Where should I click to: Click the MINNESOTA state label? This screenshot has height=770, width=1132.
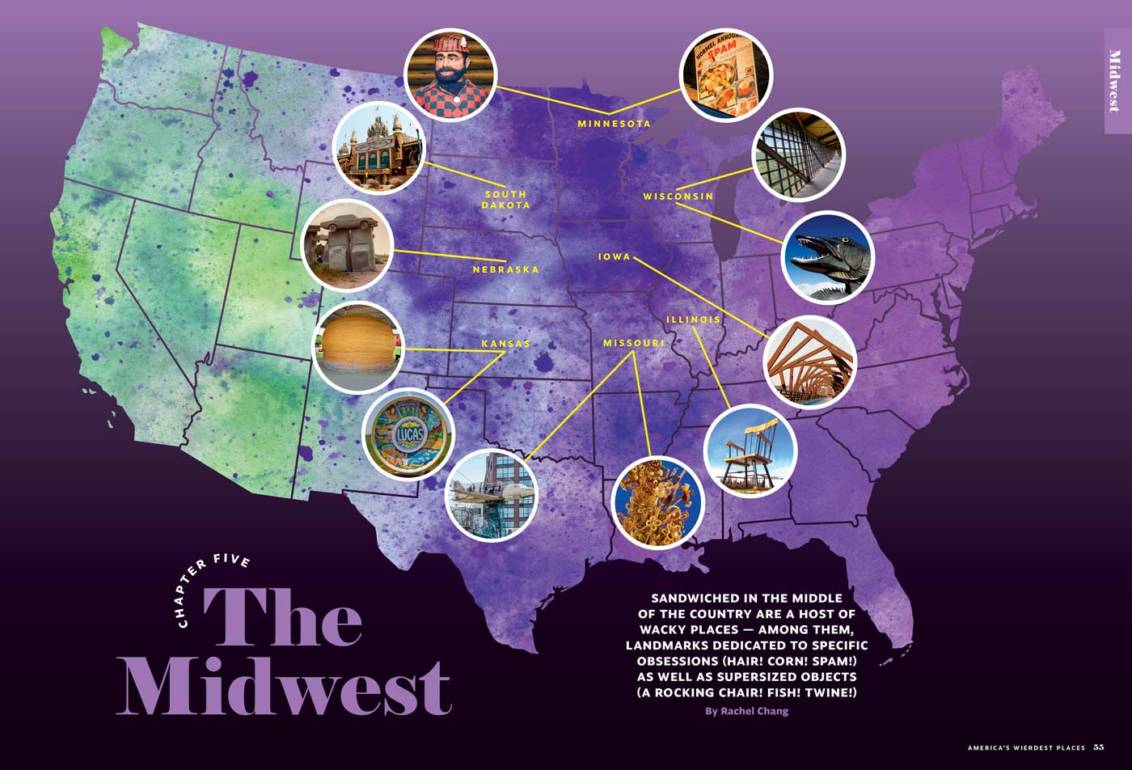(x=614, y=124)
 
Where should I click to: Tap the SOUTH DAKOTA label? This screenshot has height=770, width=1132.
(x=505, y=200)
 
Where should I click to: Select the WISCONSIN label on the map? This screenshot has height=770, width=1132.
(x=678, y=197)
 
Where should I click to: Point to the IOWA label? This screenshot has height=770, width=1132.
(x=614, y=257)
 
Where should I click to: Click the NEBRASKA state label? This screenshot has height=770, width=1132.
(x=505, y=269)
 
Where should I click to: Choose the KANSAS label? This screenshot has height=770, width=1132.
(x=505, y=344)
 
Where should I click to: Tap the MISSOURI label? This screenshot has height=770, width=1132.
(x=633, y=344)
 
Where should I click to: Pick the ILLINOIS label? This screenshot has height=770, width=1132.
(x=693, y=319)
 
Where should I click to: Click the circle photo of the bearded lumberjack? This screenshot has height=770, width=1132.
(x=450, y=75)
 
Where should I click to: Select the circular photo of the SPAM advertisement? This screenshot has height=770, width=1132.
(x=725, y=75)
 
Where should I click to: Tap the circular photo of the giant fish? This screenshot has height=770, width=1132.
(x=828, y=257)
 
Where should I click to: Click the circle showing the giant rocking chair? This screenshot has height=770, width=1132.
(x=750, y=451)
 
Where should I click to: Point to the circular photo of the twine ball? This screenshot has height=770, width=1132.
(x=357, y=347)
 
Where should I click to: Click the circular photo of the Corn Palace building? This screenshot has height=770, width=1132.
(x=378, y=148)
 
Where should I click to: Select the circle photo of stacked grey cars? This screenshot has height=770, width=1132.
(x=347, y=244)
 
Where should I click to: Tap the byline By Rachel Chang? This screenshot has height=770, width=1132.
(x=746, y=711)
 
